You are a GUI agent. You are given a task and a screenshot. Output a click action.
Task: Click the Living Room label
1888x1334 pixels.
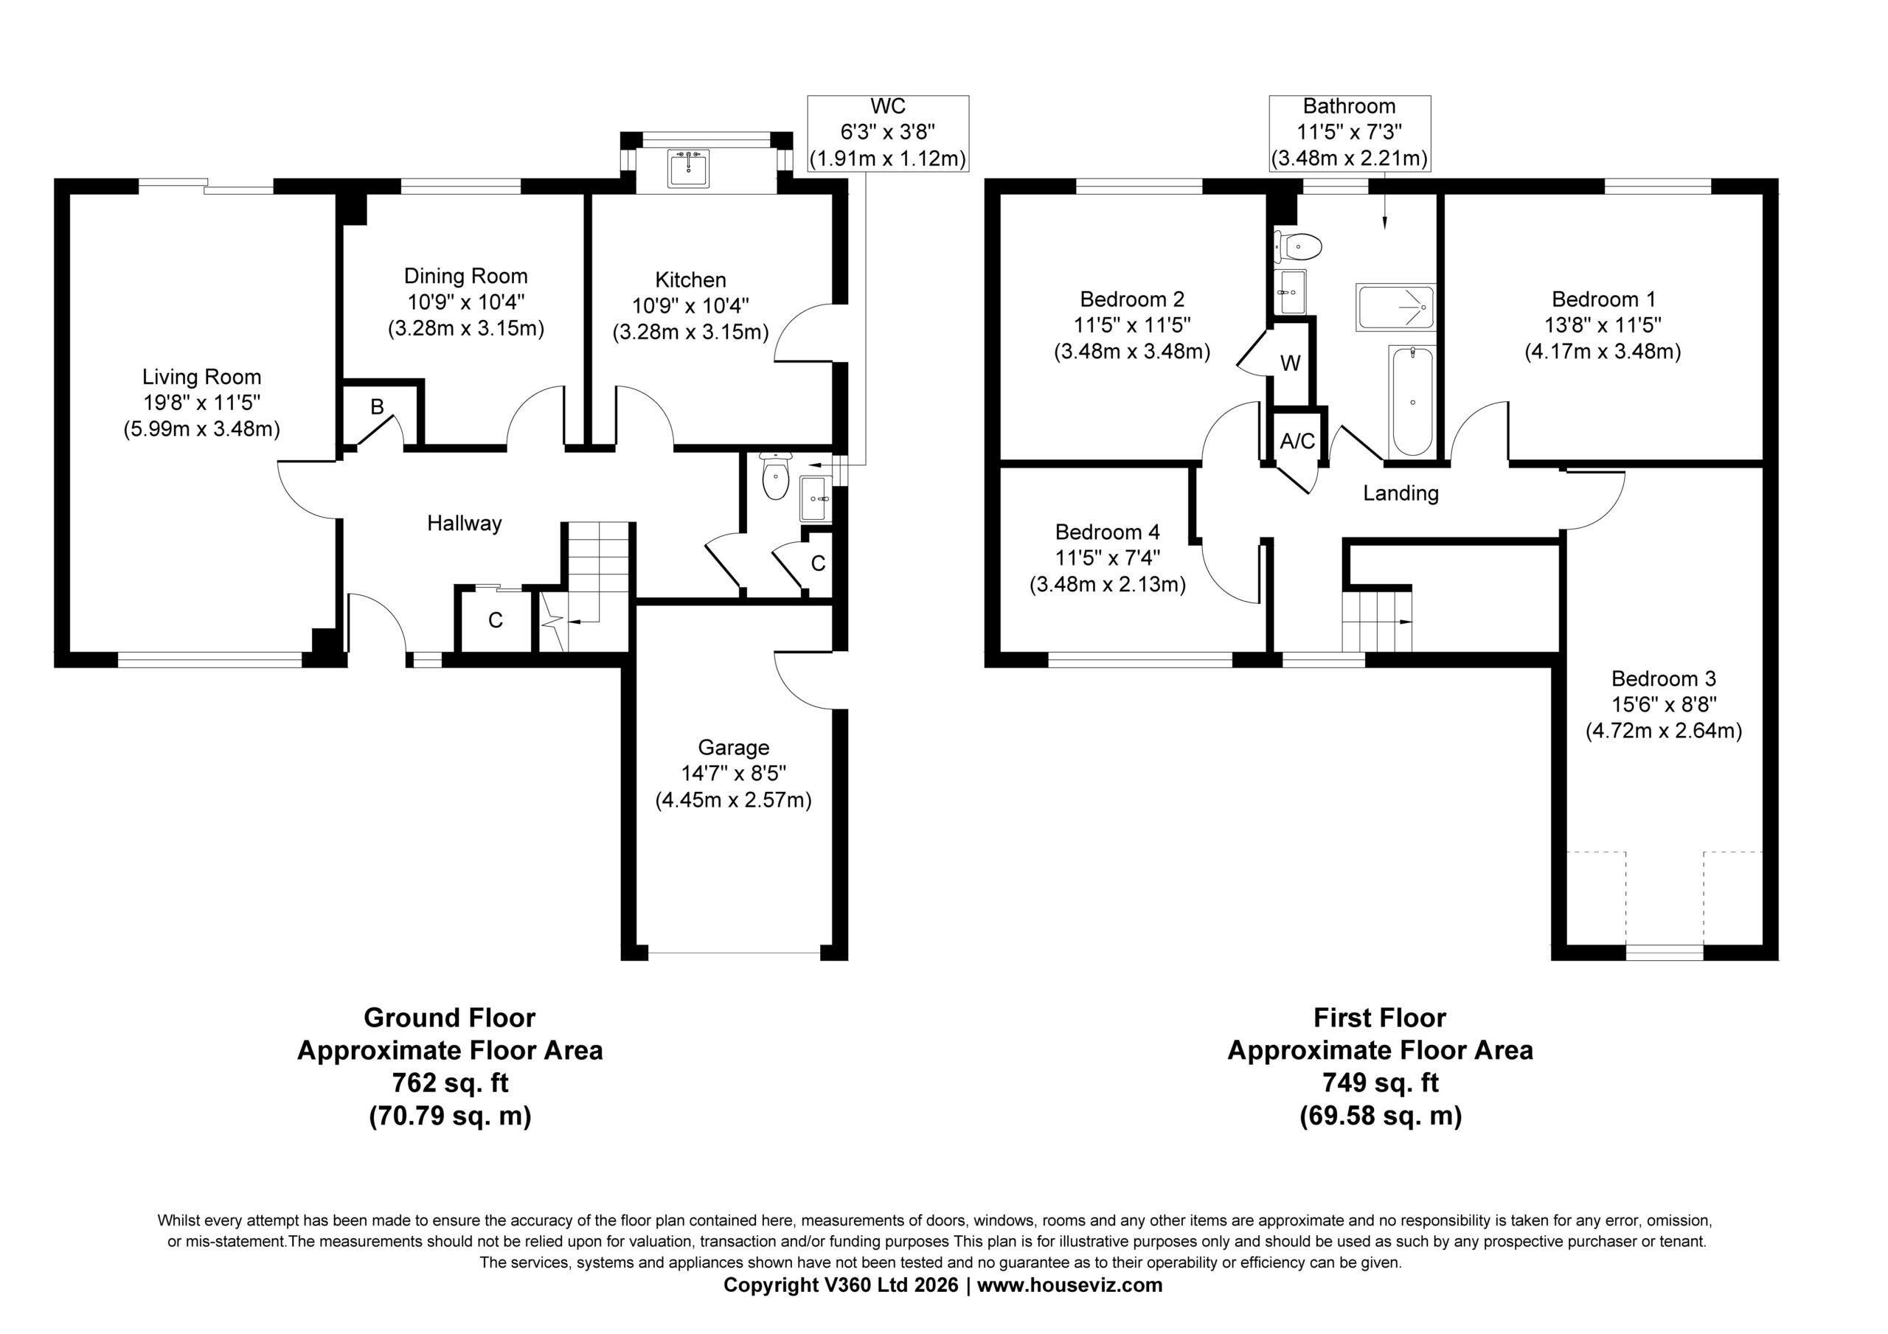pos(201,378)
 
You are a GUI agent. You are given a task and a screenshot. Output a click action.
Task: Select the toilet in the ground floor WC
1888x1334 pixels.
pos(775,476)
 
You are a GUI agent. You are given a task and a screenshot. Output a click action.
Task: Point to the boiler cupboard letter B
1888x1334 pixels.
pos(378,406)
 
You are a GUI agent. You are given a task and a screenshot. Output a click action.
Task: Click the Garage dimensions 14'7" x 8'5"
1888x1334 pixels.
pos(734,773)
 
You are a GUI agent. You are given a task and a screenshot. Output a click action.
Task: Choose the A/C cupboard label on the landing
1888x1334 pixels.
pos(1297,442)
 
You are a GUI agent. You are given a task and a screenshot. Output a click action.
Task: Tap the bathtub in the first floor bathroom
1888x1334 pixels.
pos(1413,401)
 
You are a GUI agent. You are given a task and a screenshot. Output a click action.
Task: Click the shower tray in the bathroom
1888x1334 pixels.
pos(1396,308)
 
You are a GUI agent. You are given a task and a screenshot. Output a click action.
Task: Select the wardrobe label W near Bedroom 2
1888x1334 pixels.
pos(1290,363)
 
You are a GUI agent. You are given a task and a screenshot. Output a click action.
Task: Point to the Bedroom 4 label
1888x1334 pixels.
pos(1108,532)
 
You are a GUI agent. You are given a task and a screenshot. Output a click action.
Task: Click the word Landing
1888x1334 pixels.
pos(1401,493)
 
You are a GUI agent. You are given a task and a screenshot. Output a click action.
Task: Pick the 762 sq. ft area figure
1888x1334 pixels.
pos(450,1083)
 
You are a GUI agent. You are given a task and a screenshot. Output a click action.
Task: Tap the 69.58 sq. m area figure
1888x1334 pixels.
pos(1381,1116)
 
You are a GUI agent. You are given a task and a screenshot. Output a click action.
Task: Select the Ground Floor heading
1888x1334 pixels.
pos(450,1018)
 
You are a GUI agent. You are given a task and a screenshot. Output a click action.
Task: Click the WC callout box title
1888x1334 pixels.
pos(888,106)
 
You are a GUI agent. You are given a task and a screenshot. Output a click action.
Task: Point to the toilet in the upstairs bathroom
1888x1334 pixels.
pos(1299,245)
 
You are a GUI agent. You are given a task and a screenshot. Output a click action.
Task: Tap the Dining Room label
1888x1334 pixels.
pos(466,277)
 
